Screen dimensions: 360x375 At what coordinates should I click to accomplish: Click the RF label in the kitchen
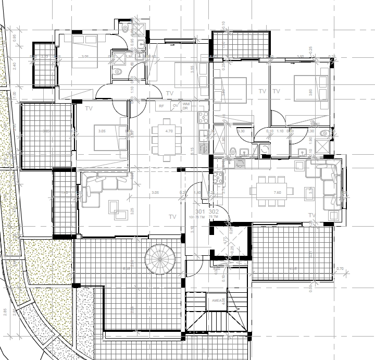coord(161,106)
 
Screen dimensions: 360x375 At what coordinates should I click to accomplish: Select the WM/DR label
coord(186,106)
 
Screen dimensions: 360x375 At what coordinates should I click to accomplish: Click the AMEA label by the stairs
coord(217,301)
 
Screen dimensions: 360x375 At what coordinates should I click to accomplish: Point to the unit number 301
coord(200,212)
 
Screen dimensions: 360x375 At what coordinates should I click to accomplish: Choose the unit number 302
coord(213,212)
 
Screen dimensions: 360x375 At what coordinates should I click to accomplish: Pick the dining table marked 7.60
coord(271,190)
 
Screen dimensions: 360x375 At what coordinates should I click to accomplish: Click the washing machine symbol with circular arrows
coord(266,150)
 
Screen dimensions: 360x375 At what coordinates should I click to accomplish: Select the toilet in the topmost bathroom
coord(126,28)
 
